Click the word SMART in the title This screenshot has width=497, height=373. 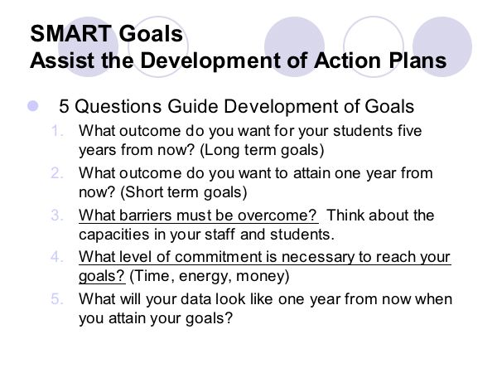tap(70, 34)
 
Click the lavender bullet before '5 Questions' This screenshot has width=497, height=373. tap(32, 106)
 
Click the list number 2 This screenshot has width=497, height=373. tap(57, 173)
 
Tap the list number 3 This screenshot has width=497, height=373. tap(57, 215)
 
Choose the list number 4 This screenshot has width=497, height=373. tap(57, 257)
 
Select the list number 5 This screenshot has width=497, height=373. tap(57, 298)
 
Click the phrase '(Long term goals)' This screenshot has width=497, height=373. tap(262, 150)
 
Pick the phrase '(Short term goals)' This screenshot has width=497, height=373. tap(184, 192)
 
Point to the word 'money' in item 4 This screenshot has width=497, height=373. tap(261, 276)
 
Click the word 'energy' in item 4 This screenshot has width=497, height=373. tap(202, 277)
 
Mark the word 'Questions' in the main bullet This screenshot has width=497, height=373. tap(118, 106)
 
